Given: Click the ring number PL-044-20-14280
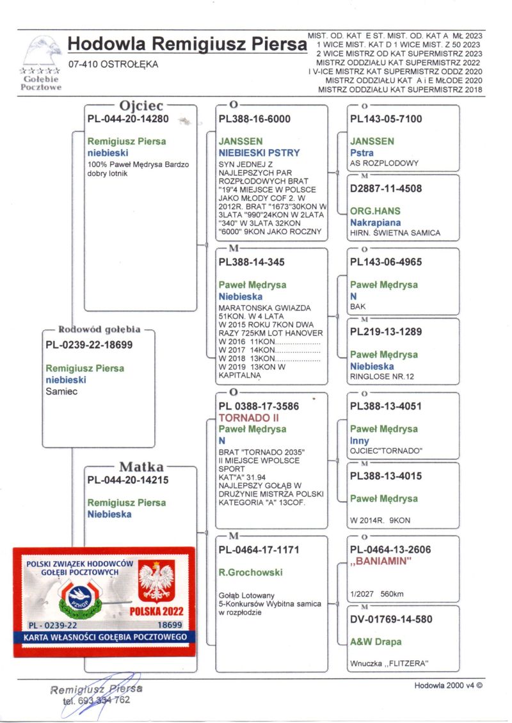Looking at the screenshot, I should tap(127, 119).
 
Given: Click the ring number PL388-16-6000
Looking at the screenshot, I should tap(254, 119).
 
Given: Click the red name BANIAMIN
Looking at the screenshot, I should tap(380, 562).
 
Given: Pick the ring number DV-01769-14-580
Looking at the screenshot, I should tap(391, 619).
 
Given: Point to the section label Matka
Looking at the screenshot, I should tap(141, 466).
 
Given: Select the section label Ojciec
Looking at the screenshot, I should tap(141, 105).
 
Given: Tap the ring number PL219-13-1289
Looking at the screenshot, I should tap(386, 332).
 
